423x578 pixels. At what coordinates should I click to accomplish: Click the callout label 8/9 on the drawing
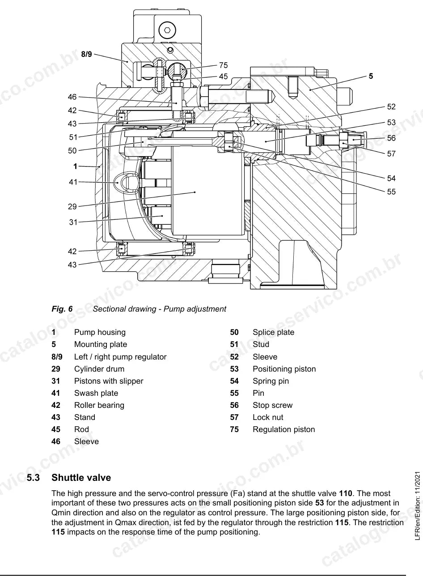(86, 54)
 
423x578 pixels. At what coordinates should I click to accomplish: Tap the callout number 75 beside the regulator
(224, 65)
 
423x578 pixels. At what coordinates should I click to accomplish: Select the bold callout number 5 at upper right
(371, 76)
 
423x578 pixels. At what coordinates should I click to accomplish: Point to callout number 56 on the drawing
(391, 138)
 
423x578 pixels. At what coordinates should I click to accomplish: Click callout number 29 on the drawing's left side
(72, 206)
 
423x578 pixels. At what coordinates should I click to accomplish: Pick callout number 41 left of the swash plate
(73, 182)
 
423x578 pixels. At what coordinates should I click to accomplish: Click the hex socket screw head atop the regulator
(167, 30)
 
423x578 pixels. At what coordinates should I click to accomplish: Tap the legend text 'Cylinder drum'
(99, 369)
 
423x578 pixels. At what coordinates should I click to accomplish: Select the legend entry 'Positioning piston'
(284, 369)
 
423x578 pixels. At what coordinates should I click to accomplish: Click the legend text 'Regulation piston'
(284, 429)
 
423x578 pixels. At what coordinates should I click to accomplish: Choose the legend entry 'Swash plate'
(96, 393)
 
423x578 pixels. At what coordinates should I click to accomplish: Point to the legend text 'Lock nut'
(268, 417)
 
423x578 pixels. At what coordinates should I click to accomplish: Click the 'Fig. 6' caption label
(62, 309)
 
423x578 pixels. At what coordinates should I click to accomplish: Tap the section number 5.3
(33, 477)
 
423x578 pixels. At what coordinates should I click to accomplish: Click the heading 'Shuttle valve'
(81, 477)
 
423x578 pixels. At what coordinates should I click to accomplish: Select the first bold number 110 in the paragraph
(346, 493)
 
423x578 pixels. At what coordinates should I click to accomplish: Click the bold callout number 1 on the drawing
(75, 166)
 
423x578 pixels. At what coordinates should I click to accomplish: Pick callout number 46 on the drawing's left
(72, 97)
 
